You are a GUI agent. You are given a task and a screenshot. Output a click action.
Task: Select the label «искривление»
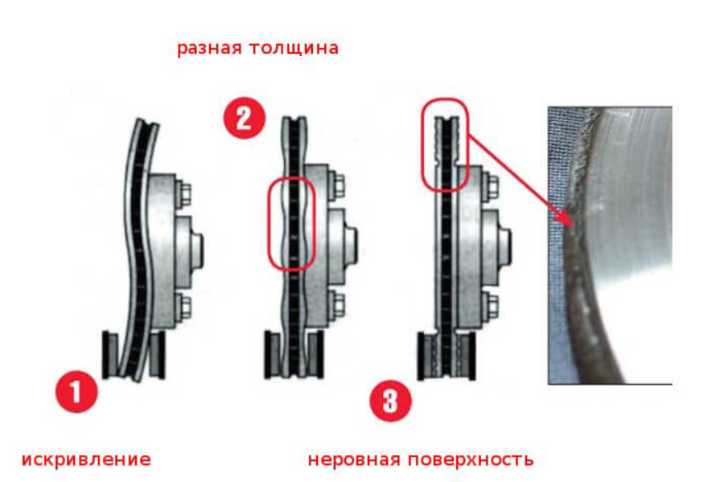point(86,460)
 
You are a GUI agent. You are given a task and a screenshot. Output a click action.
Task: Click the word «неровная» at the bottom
point(353,460)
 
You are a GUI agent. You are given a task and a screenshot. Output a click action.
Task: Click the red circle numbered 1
point(77,392)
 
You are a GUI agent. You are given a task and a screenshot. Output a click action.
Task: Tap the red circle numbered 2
point(245,118)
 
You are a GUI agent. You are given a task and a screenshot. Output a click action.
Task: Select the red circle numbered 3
point(390,401)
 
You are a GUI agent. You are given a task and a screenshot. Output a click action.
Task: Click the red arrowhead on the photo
point(568,220)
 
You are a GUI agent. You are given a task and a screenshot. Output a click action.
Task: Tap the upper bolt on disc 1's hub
point(184,195)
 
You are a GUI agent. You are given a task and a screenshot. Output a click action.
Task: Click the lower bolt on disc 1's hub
point(184,307)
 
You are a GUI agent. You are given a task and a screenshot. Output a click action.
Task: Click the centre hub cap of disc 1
point(198,252)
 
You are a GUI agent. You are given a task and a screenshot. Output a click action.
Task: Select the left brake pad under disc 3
point(427,356)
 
